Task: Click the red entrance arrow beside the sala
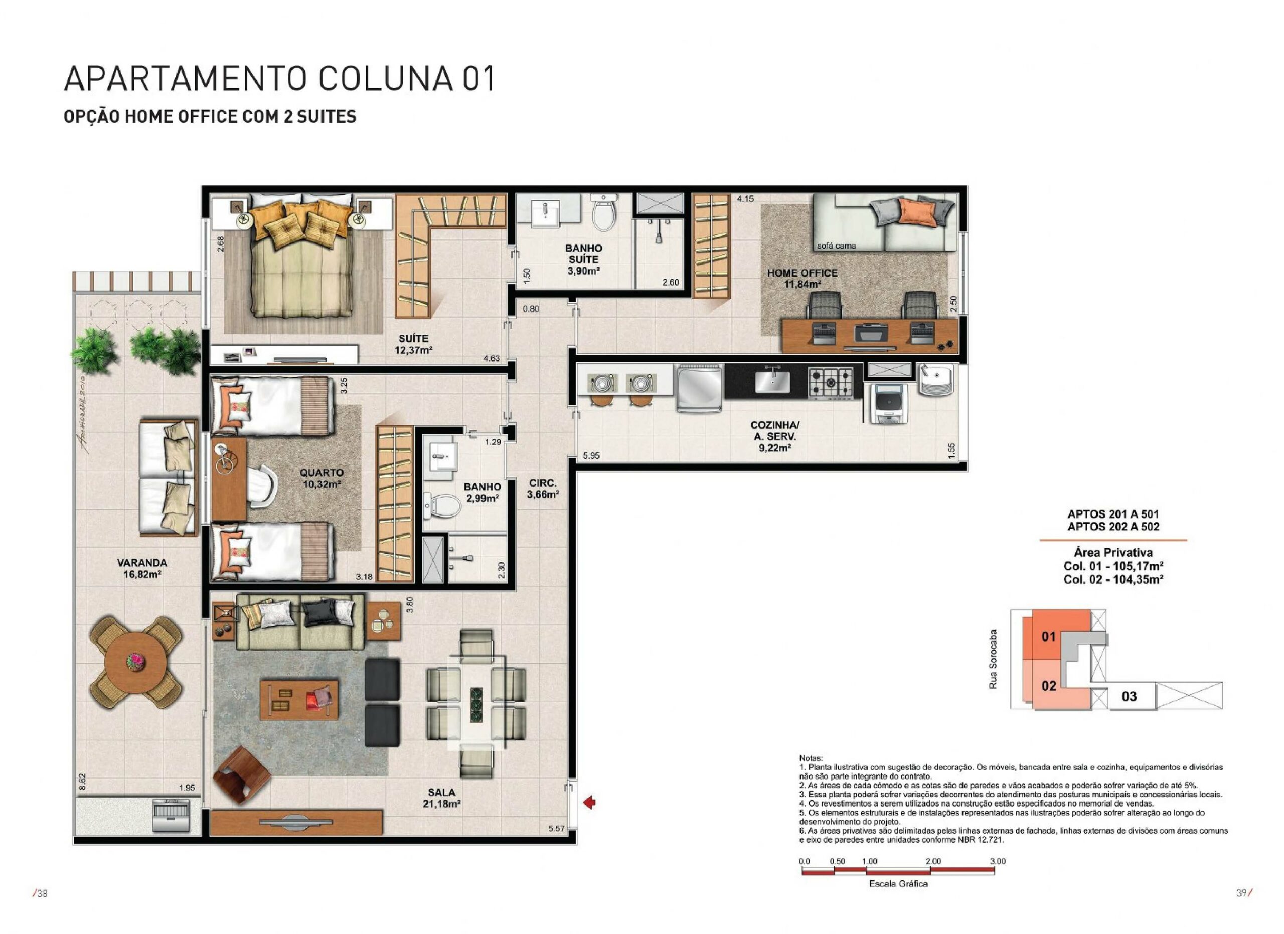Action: click(x=589, y=802)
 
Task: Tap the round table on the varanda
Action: click(x=136, y=660)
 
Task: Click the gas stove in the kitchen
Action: click(x=831, y=382)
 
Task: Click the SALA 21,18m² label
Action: click(x=441, y=798)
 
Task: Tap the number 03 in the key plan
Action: click(x=1129, y=696)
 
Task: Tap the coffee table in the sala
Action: click(x=298, y=700)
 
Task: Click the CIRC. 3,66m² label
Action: click(x=543, y=489)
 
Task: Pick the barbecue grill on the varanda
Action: click(x=173, y=816)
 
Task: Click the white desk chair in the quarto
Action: click(x=262, y=486)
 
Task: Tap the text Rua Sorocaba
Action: click(x=993, y=659)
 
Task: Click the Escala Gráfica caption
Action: click(x=898, y=884)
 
